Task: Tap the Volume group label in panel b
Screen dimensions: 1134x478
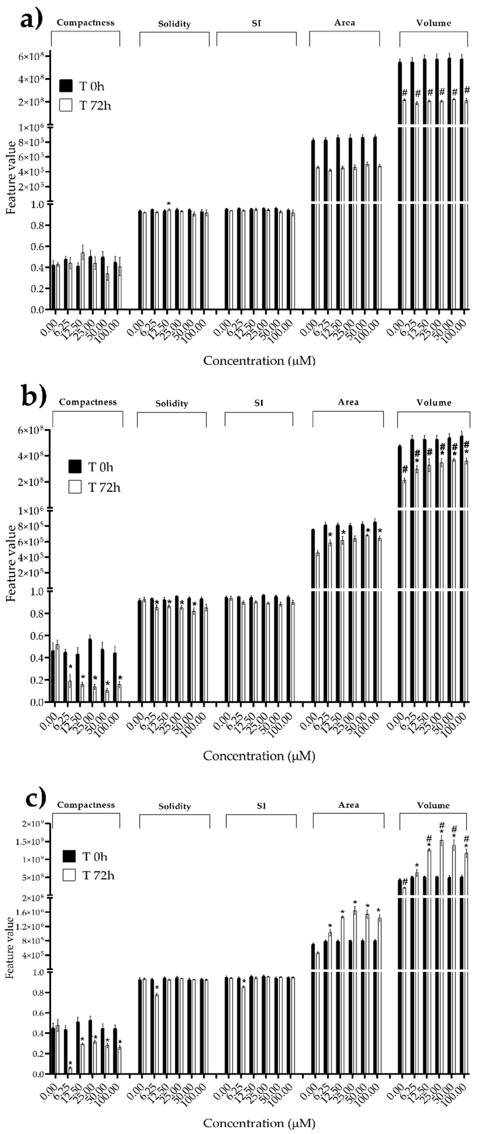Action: (434, 402)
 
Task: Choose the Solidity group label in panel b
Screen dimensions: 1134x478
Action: (172, 403)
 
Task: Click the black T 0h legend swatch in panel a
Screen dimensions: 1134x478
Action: (66, 86)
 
